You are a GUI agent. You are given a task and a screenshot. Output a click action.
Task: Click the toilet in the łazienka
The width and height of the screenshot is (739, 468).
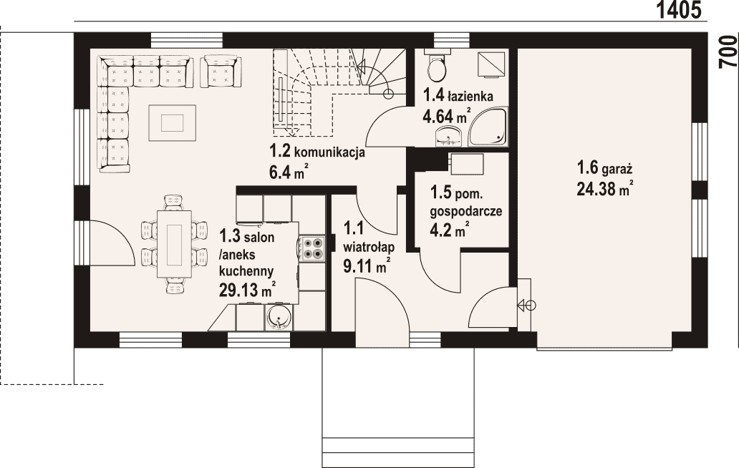click(437, 66)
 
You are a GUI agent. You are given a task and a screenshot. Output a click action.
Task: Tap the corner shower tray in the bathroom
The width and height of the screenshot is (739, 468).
click(488, 126)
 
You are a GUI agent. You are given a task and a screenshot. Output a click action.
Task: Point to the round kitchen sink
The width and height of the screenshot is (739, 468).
click(279, 318)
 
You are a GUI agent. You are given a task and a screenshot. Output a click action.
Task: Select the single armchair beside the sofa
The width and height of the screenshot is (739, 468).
click(221, 72)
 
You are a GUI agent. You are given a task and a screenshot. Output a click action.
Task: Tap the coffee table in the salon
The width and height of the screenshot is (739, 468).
click(172, 123)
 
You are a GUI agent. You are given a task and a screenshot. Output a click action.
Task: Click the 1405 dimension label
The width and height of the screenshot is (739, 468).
click(679, 10)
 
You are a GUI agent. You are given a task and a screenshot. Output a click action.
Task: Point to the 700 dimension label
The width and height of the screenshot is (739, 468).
click(729, 52)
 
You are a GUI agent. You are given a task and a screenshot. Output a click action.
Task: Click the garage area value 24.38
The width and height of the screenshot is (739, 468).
click(596, 189)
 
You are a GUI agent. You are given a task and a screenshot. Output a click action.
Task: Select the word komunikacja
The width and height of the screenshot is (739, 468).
click(329, 153)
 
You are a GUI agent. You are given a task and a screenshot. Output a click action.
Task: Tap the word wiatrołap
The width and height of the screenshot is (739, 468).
click(369, 247)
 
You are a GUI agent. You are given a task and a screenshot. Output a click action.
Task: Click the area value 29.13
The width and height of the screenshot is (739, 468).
click(238, 290)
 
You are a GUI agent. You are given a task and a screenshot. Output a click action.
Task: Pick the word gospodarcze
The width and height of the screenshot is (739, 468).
click(465, 211)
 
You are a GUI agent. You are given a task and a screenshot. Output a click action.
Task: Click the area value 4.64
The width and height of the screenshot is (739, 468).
click(438, 116)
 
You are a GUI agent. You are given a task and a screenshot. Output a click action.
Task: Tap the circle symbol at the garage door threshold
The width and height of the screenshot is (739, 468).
click(530, 306)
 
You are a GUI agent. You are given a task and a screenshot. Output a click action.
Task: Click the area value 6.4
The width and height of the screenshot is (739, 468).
click(281, 172)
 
